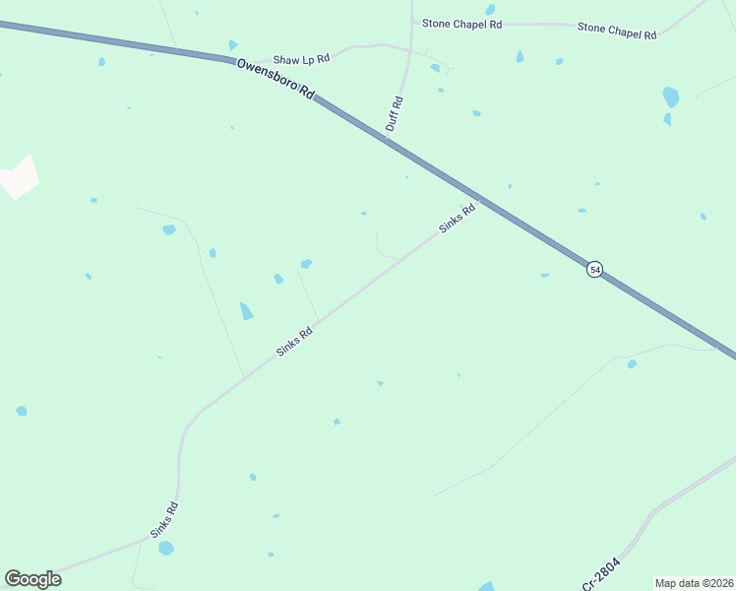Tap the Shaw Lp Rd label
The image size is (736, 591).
tap(301, 59)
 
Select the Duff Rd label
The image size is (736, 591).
tap(395, 113)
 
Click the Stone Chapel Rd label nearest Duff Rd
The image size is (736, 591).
tap(461, 23)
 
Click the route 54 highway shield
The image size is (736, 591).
tap(594, 269)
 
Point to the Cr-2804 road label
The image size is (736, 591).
tap(602, 571)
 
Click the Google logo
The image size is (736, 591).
tap(32, 579)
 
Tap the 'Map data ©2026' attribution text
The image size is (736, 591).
tap(694, 582)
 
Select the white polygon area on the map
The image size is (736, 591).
tap(19, 176)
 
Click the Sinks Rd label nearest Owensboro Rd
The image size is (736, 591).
tap(458, 217)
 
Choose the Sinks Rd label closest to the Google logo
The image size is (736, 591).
tap(164, 519)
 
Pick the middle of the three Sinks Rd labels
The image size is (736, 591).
tap(293, 341)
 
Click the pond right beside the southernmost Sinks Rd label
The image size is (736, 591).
tap(166, 548)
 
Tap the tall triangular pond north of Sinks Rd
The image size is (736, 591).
tap(245, 310)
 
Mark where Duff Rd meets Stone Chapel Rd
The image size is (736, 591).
tap(411, 22)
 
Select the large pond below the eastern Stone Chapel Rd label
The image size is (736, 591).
tap(670, 97)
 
